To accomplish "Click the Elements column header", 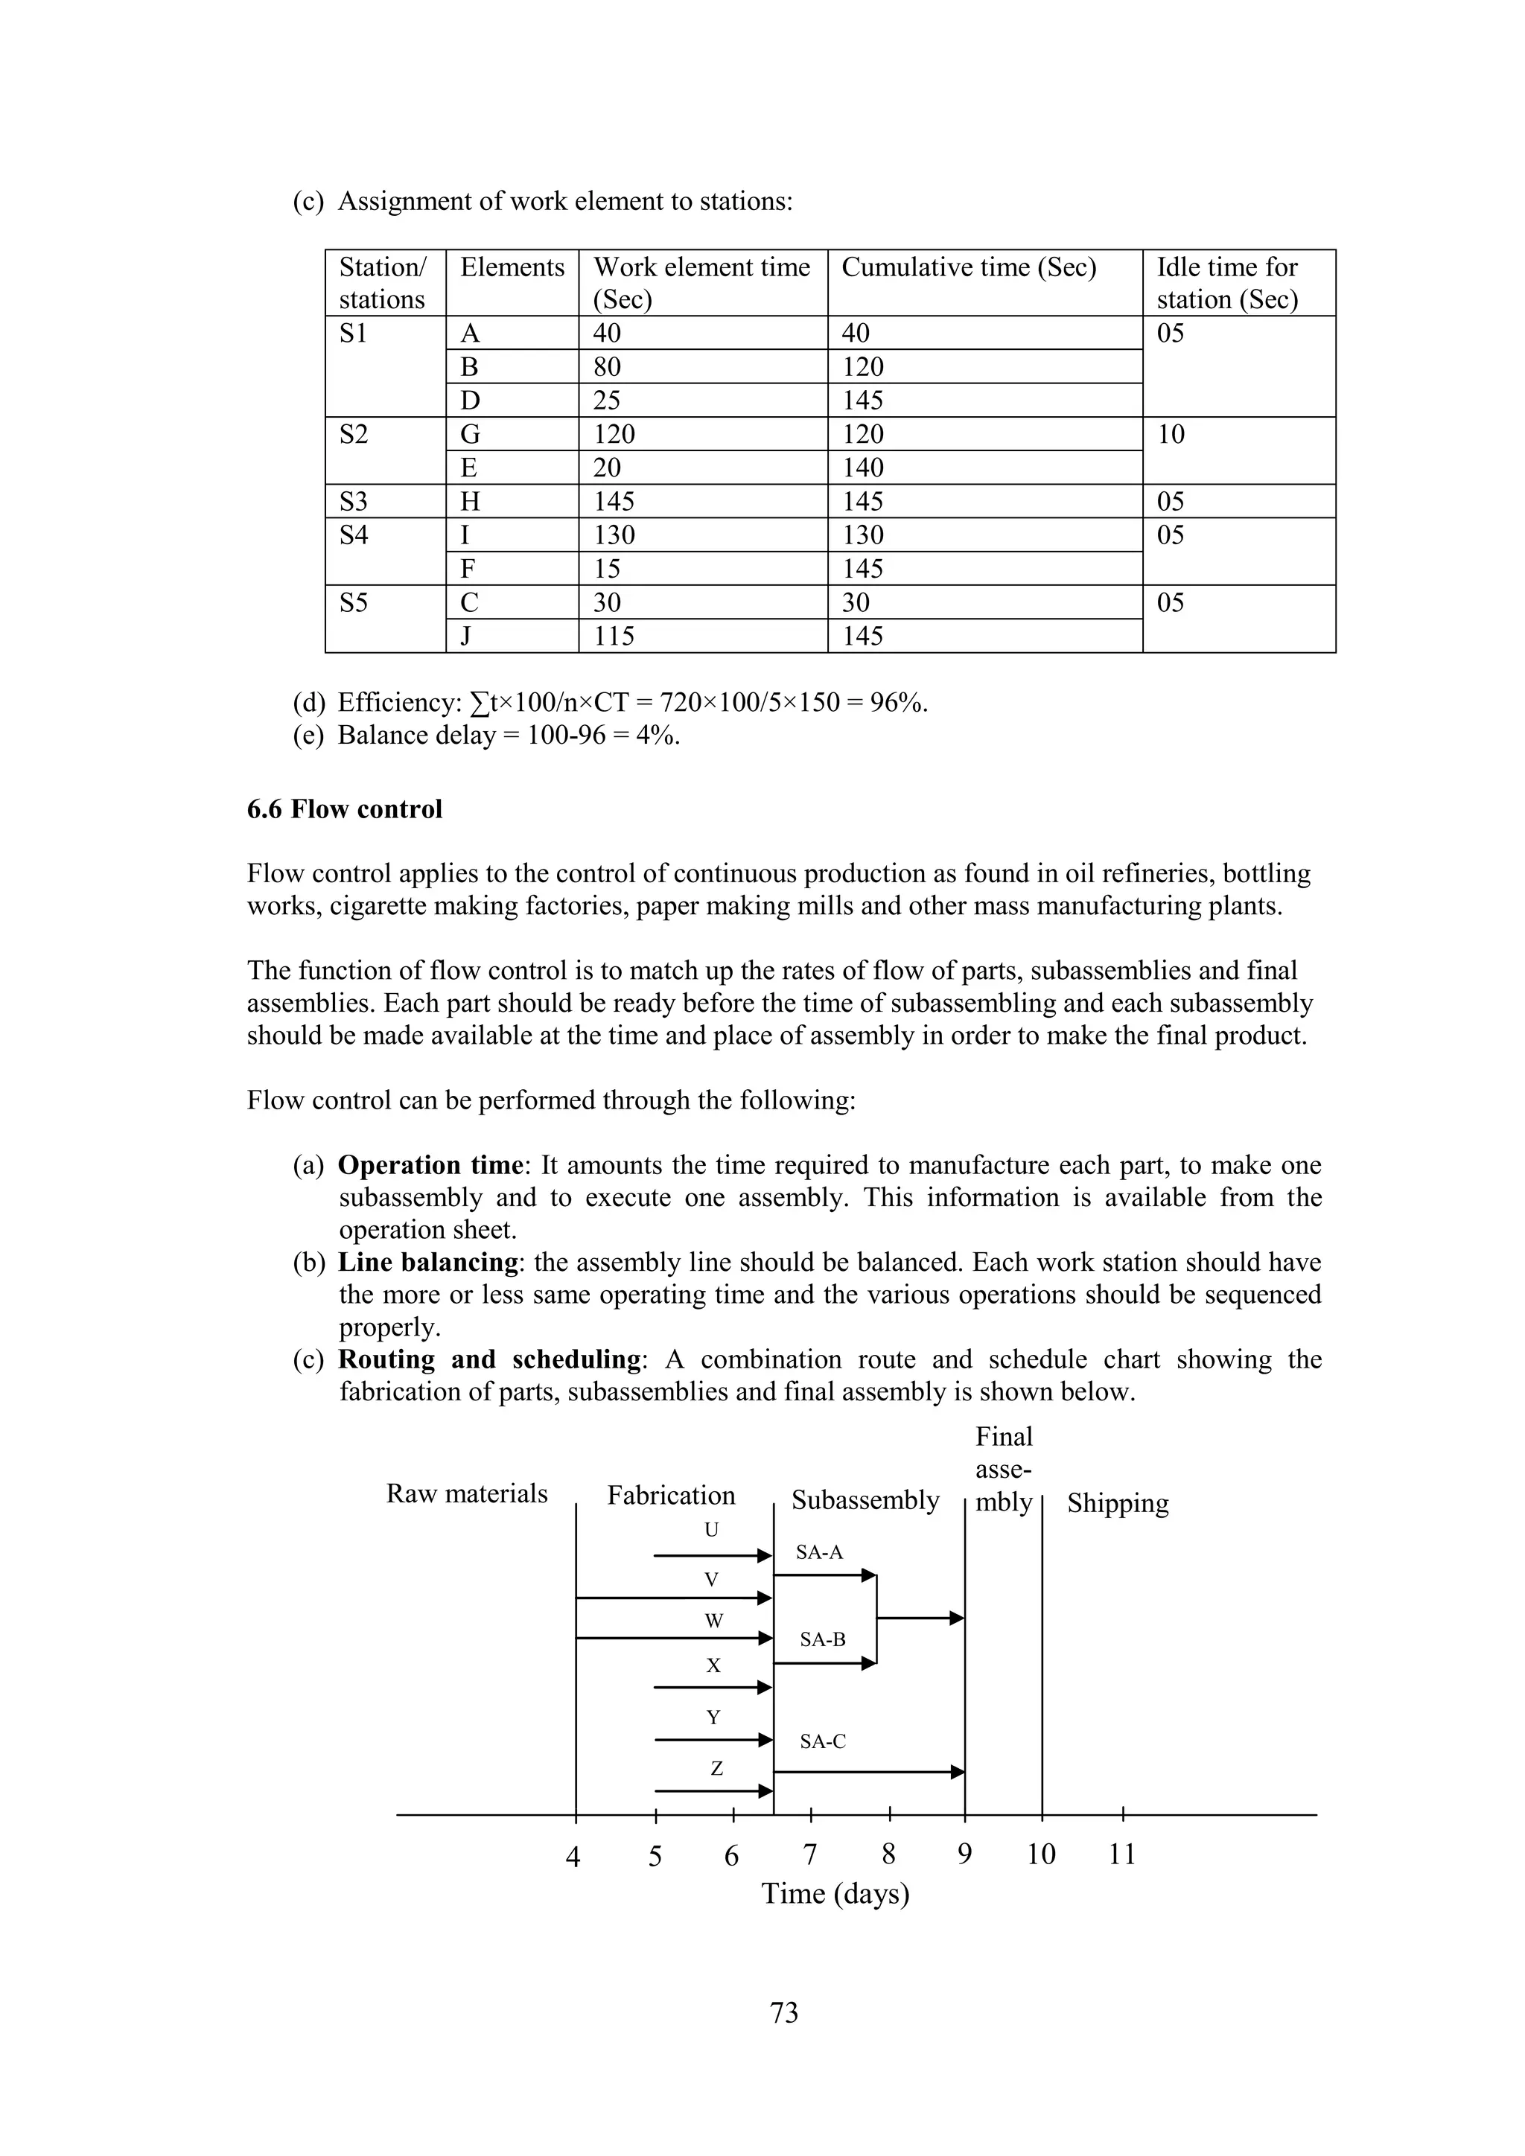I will pyautogui.click(x=512, y=267).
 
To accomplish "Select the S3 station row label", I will pyautogui.click(x=354, y=502).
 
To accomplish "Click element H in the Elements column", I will pyautogui.click(x=470, y=502).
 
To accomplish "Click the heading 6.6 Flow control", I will pyautogui.click(x=344, y=809).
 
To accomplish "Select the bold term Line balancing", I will pyautogui.click(x=428, y=1262).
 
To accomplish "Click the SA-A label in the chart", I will pyautogui.click(x=819, y=1553).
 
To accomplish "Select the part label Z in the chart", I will pyautogui.click(x=716, y=1769).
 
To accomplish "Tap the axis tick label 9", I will pyautogui.click(x=964, y=1854).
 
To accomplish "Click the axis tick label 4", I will pyautogui.click(x=573, y=1857).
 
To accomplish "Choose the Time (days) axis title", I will pyautogui.click(x=835, y=1894).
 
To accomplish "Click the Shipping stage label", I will pyautogui.click(x=1118, y=1503).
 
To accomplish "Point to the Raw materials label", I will pyautogui.click(x=467, y=1494).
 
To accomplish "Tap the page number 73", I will pyautogui.click(x=784, y=2013).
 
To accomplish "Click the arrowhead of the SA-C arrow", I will pyautogui.click(x=957, y=1773).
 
